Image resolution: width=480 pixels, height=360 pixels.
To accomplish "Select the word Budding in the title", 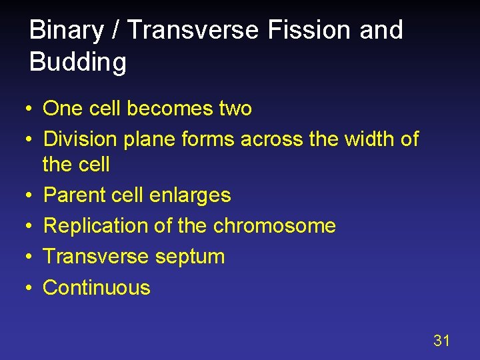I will pyautogui.click(x=78, y=62).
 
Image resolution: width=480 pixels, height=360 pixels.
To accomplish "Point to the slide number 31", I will pyautogui.click(x=441, y=341).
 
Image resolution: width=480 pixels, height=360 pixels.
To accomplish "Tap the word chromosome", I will pyautogui.click(x=274, y=226).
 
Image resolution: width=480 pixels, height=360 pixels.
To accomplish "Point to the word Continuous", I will pyautogui.click(x=97, y=287).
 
